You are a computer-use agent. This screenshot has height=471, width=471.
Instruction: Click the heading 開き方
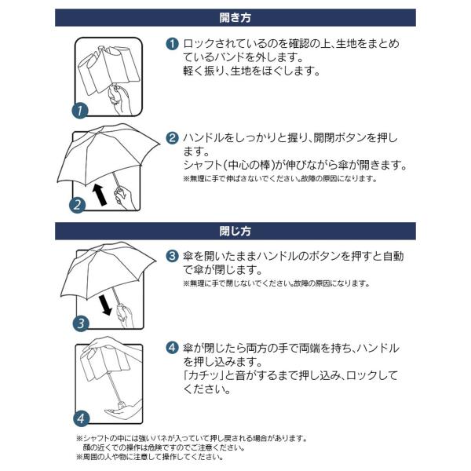pos(235,17)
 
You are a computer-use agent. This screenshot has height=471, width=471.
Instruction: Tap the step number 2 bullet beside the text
pos(172,138)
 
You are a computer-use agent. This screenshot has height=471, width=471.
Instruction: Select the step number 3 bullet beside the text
pos(172,256)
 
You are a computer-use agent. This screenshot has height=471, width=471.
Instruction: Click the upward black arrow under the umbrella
pos(100,192)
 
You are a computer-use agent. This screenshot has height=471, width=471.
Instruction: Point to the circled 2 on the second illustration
pos(76,206)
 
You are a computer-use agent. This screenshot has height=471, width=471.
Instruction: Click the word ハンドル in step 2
pos(205,138)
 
